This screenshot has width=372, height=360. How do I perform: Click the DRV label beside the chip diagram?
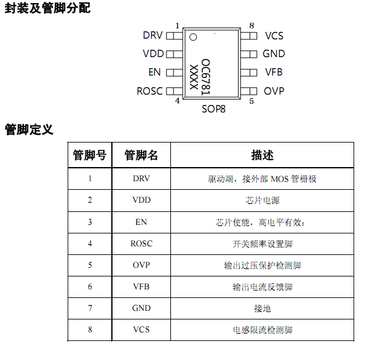[x=152, y=36]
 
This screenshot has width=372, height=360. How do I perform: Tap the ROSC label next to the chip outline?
[x=149, y=91]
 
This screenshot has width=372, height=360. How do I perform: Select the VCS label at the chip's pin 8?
[x=274, y=36]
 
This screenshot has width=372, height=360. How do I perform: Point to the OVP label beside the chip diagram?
[x=274, y=91]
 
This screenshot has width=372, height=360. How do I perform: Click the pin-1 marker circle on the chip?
[x=192, y=37]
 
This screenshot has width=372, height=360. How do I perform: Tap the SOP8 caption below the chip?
[x=213, y=110]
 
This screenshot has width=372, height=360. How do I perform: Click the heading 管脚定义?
[x=29, y=130]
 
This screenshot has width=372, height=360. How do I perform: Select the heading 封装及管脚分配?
[x=47, y=9]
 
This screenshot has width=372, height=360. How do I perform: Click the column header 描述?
[x=263, y=155]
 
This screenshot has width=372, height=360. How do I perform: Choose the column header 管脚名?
[x=141, y=155]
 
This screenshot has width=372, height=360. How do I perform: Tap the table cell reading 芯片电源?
[x=263, y=200]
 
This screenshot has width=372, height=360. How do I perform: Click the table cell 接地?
[x=263, y=308]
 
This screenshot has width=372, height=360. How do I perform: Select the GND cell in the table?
[x=141, y=308]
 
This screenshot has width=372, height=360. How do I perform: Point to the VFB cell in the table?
[x=141, y=287]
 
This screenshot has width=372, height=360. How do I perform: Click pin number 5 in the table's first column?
[x=90, y=265]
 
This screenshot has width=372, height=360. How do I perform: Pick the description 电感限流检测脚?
[x=263, y=330]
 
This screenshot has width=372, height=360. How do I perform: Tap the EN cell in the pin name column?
[x=141, y=222]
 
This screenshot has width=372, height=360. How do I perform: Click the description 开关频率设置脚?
[x=263, y=244]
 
